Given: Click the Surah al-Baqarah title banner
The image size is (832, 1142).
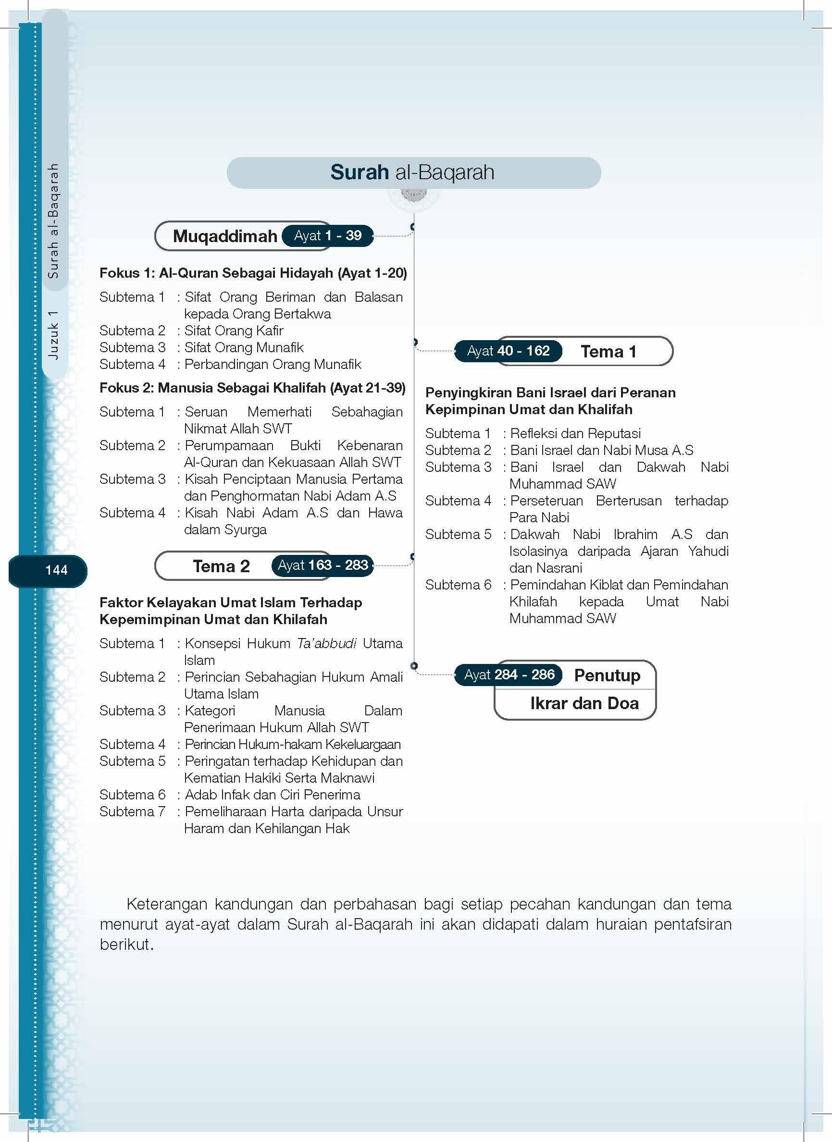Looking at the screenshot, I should pos(413,172).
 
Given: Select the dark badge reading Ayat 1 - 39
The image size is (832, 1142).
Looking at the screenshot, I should pos(328,235).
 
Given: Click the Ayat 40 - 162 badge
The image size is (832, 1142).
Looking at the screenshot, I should pos(508,351).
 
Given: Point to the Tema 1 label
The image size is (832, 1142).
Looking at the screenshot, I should pos(608,352).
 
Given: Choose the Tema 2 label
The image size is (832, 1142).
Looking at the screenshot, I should pos(221,566).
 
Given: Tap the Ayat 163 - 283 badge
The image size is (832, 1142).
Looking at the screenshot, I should pos(323,565).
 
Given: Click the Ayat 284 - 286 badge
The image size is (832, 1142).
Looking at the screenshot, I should pos(509,675).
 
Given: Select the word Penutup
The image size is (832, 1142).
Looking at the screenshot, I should pos(607,675).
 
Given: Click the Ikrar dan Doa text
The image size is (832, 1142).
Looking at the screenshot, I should pos(584,703).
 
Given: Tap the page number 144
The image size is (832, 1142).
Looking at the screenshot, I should pos(56,570).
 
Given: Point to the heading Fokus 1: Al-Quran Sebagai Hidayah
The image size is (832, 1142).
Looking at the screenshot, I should pos(253,273).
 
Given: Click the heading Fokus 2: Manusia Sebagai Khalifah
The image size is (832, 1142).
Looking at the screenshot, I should pos(252,388).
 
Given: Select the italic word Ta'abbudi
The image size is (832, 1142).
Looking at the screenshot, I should pos(326,643).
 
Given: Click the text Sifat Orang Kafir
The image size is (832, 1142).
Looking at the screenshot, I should pos(234,331).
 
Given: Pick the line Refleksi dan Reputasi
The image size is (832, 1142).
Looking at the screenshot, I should pos(575,433).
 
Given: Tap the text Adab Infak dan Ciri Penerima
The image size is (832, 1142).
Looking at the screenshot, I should pos(273,795).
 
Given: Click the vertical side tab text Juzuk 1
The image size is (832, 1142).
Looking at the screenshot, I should pos(53,335).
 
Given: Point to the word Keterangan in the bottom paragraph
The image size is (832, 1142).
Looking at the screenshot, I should pos(167,904).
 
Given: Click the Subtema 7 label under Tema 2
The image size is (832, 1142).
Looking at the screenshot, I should pos(132,811).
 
